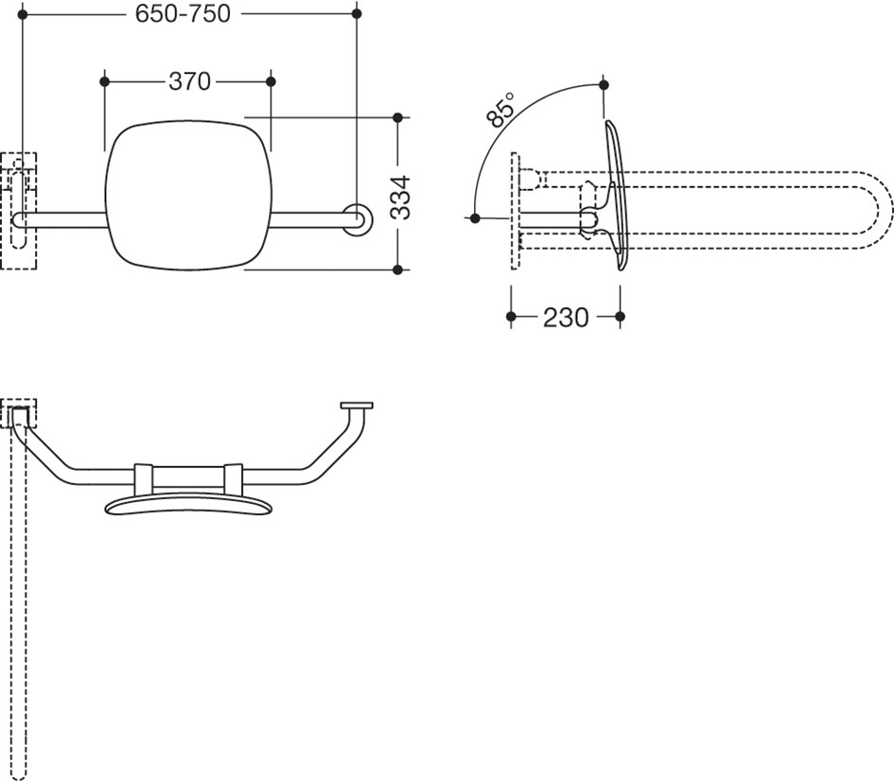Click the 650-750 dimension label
pyautogui.click(x=183, y=13)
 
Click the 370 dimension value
pyautogui.click(x=190, y=82)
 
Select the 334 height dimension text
pyautogui.click(x=402, y=197)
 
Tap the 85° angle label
pyautogui.click(x=500, y=110)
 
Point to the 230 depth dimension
pyautogui.click(x=566, y=318)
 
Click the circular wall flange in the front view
pyautogui.click(x=358, y=219)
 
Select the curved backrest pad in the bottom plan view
pyautogui.click(x=188, y=505)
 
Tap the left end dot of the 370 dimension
pyautogui.click(x=104, y=82)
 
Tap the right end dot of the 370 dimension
pyautogui.click(x=271, y=82)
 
